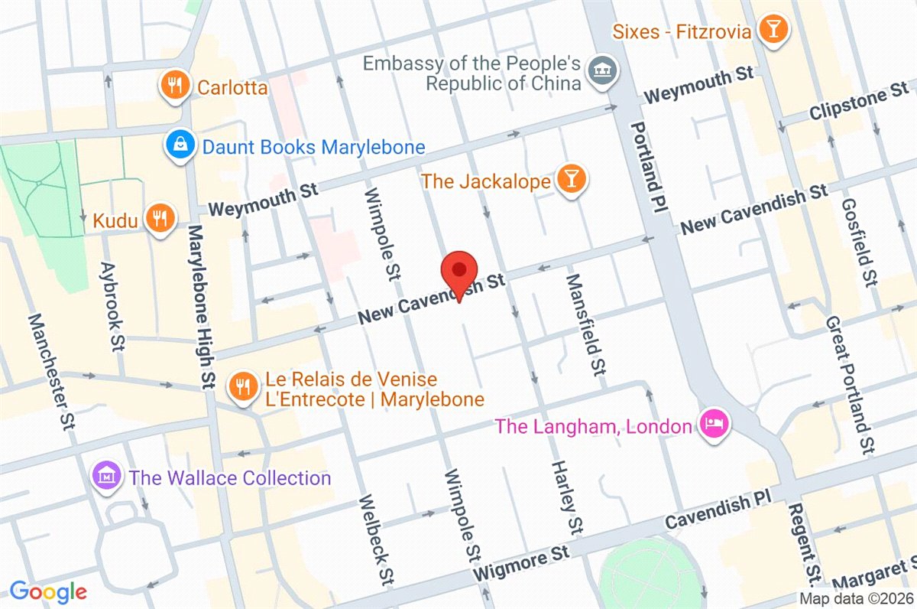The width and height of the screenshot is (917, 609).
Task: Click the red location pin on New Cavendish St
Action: tap(459, 271)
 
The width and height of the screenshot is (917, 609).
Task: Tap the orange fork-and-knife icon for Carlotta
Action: tap(176, 86)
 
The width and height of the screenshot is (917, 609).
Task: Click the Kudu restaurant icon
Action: tap(158, 220)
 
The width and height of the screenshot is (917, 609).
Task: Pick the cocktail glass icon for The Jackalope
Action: tap(570, 180)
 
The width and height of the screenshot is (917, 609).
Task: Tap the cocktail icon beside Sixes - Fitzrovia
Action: tap(773, 30)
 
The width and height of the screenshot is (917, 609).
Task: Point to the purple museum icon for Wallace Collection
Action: tap(108, 477)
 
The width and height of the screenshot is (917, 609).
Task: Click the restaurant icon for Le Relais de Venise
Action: tap(243, 387)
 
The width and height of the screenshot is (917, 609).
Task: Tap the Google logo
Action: tap(47, 591)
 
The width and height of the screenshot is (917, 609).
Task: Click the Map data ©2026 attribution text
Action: tap(856, 599)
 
